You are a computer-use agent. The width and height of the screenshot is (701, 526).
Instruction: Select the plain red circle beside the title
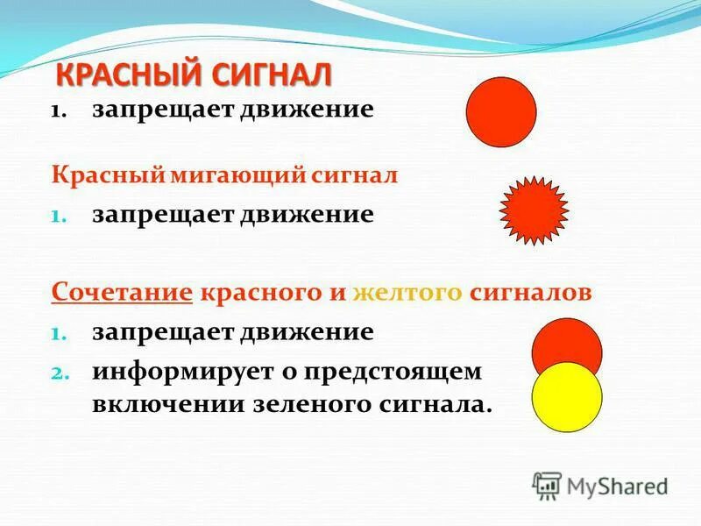pos(500,112)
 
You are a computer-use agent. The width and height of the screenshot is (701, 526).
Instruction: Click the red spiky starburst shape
pos(534,210)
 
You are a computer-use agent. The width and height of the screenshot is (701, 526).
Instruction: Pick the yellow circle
pos(567,396)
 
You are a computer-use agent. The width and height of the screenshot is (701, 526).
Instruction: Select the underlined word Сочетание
pos(122,292)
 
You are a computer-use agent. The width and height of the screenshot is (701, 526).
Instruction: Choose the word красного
pos(261,292)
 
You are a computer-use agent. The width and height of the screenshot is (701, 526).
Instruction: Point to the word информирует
pos(180,371)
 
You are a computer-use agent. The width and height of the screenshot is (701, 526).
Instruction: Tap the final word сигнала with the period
pos(435,405)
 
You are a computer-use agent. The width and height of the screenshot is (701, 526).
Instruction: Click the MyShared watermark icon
pos(547,485)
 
